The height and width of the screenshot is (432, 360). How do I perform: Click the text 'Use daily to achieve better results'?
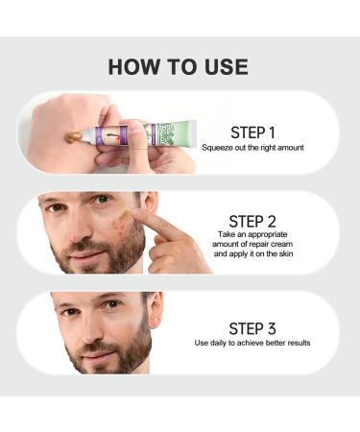252,343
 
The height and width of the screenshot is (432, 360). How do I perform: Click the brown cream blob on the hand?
70,138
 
